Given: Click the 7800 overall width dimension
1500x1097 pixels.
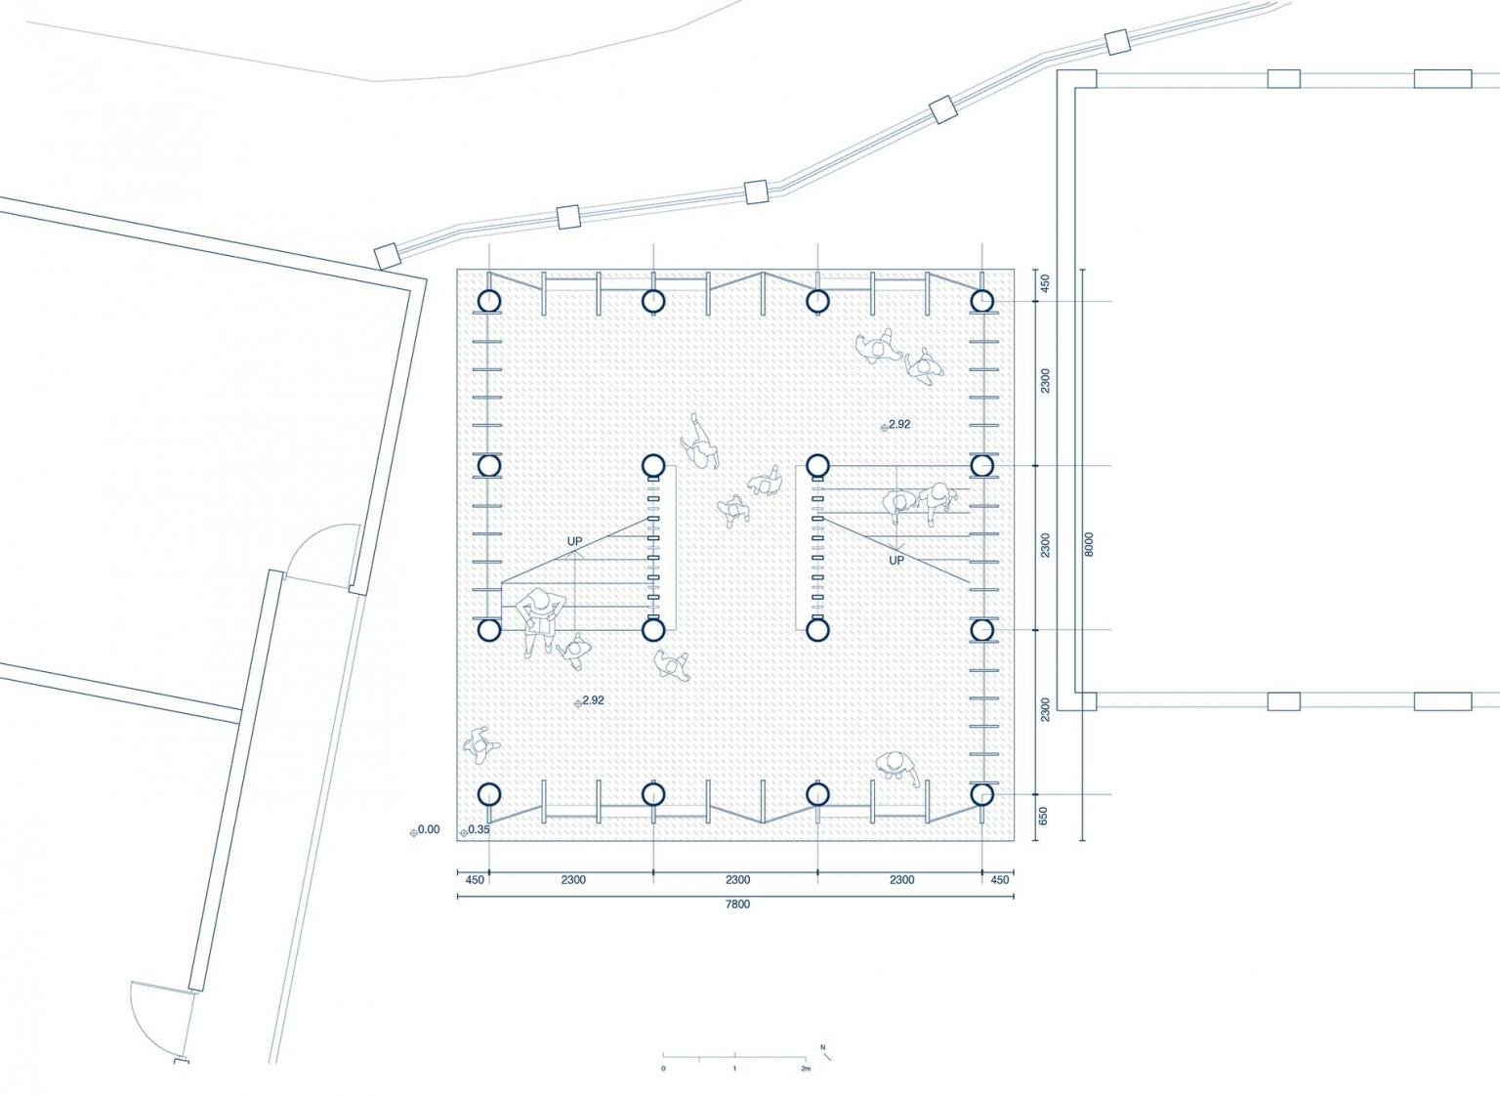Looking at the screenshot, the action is click(737, 905).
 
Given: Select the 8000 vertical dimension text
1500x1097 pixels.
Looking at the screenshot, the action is click(1089, 544).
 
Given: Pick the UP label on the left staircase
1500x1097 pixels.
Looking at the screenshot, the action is click(574, 541).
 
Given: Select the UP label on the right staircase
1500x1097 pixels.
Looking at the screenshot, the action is click(896, 561).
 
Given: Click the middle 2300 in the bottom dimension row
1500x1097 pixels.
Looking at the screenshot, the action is click(737, 880).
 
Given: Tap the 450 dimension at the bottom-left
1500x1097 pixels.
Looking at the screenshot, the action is click(474, 880).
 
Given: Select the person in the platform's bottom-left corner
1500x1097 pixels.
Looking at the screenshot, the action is click(480, 744).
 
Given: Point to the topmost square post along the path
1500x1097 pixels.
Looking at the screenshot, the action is click(1117, 42).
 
